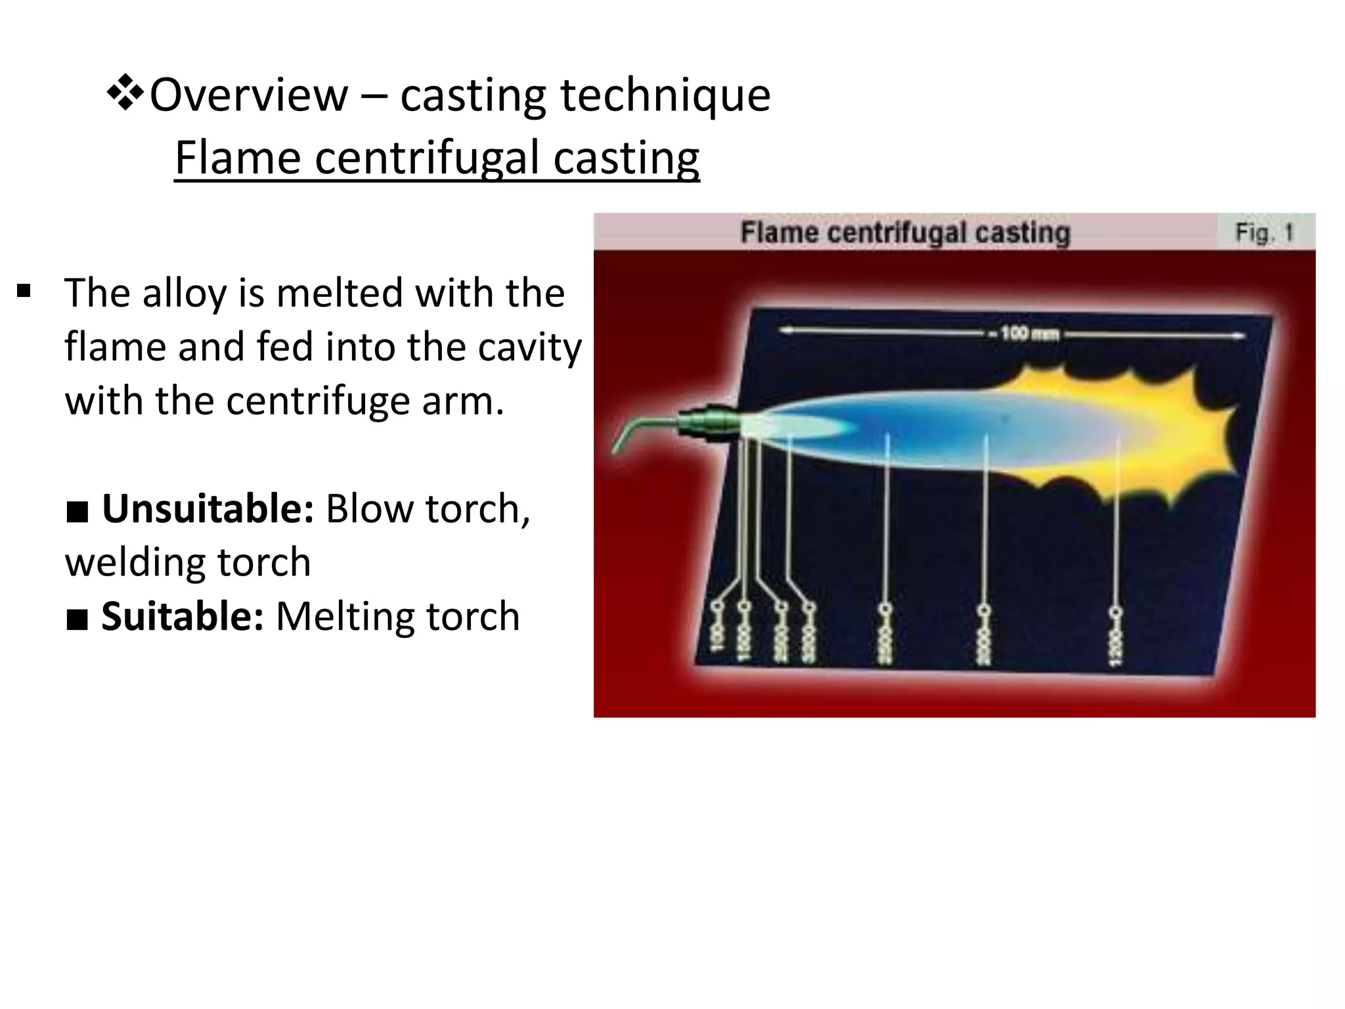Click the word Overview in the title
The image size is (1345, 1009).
coord(248,95)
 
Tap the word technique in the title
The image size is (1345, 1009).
coord(665,95)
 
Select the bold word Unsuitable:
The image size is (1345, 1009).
coord(208,508)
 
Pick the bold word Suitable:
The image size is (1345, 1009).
coord(182,616)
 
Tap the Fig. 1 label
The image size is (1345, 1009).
coord(1264,233)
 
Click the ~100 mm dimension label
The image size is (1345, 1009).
coord(1030,334)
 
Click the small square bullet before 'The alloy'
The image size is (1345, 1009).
coord(24,291)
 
